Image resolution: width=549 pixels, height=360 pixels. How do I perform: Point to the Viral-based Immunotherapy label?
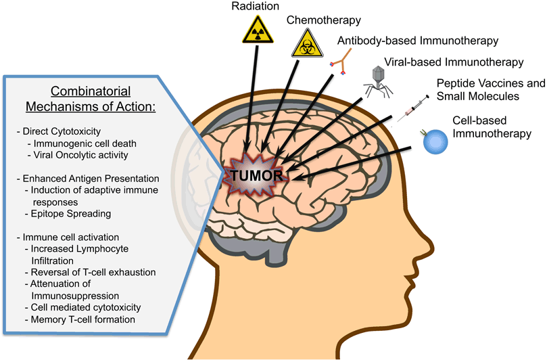[x=454, y=62]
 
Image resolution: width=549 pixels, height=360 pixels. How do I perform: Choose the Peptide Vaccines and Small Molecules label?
[x=490, y=90]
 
